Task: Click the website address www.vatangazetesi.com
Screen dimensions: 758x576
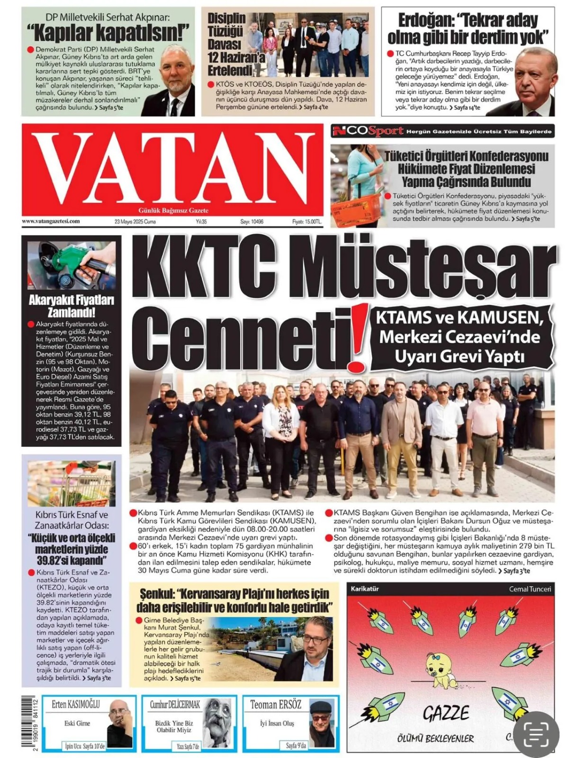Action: [x=51, y=221]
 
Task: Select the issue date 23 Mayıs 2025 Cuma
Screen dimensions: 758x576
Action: [x=135, y=221]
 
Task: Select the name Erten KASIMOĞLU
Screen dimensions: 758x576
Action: [x=76, y=704]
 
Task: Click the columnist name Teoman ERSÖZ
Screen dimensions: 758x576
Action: [x=275, y=704]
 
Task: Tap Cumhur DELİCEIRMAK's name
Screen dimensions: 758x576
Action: [x=175, y=704]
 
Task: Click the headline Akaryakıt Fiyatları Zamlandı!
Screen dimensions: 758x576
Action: [x=72, y=306]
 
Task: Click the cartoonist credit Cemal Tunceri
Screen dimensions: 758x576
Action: [x=530, y=589]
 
